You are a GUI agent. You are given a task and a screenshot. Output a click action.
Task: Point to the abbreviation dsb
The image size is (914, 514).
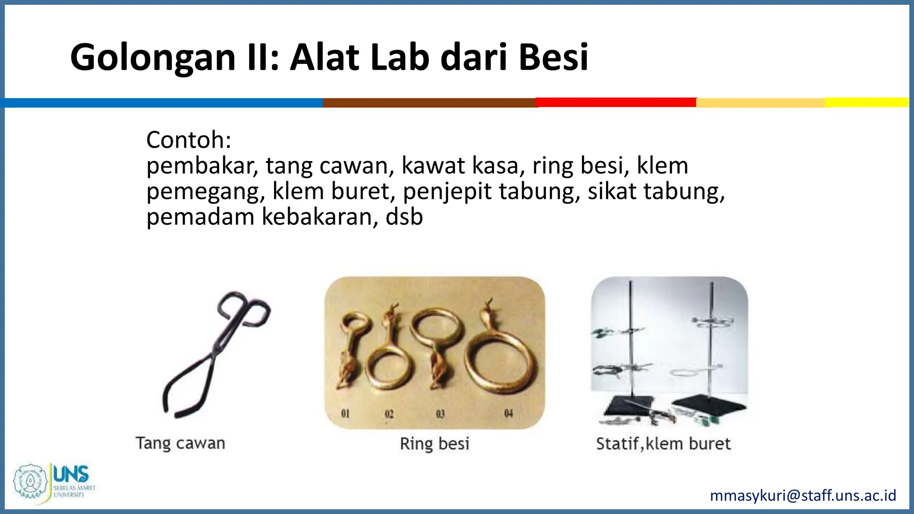click(404, 217)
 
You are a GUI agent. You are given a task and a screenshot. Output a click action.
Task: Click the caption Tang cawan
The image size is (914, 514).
click(180, 443)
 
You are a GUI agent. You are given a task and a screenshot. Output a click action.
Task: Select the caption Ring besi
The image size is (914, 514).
click(434, 444)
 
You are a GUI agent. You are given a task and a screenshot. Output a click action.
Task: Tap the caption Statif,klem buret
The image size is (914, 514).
click(663, 444)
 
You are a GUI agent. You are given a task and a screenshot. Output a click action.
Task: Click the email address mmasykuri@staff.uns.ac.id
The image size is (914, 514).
click(803, 495)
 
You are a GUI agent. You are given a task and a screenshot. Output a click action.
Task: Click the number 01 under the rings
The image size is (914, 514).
click(345, 414)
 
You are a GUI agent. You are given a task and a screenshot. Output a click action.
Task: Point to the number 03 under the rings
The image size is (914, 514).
click(440, 414)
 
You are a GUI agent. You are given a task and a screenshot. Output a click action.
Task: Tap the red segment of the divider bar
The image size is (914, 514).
click(616, 103)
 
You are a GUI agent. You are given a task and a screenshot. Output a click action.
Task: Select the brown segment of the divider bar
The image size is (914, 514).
click(429, 103)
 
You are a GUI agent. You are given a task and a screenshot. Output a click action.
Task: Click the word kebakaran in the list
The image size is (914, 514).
click(316, 217)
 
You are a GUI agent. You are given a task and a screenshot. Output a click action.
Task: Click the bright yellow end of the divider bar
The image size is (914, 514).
click(866, 102)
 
